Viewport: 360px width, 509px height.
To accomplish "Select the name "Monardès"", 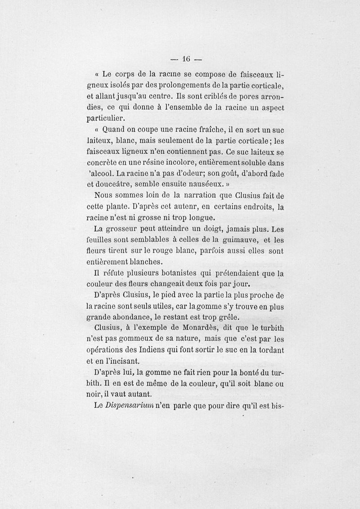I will [220, 329].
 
